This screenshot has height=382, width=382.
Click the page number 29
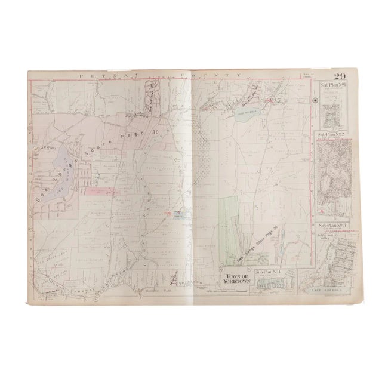click(340, 76)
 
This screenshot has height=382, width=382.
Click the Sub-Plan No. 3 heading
click(332, 226)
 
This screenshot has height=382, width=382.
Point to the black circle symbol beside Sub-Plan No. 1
click(315, 100)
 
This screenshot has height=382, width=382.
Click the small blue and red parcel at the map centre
click(177, 217)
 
